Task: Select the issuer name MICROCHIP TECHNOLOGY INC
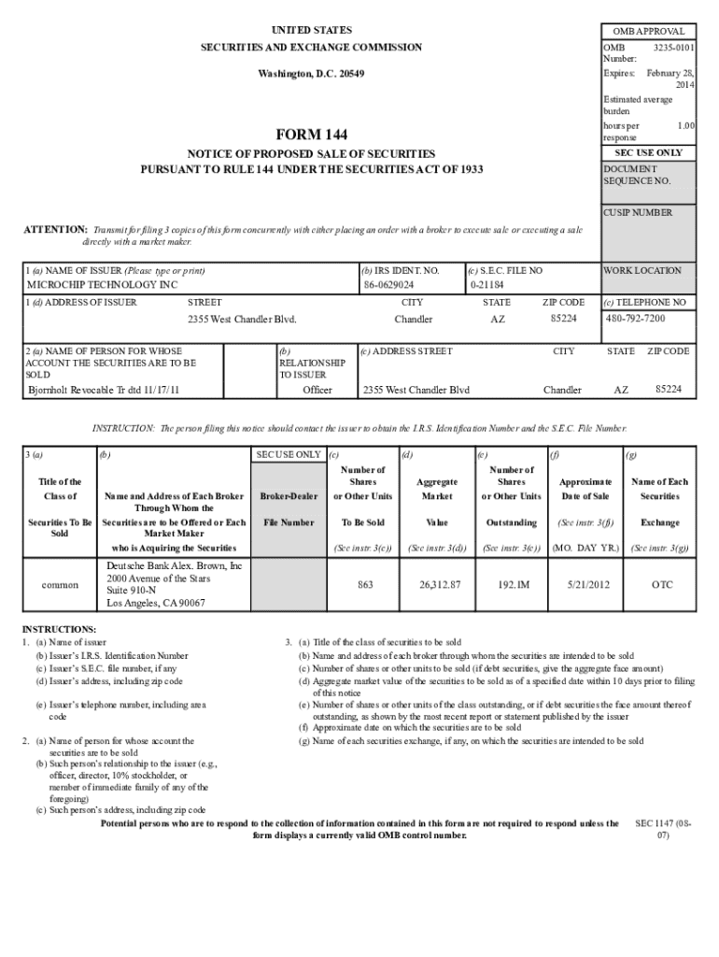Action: click(102, 284)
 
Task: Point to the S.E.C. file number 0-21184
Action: click(486, 284)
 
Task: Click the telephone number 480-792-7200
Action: click(635, 318)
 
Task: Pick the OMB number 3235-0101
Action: click(673, 47)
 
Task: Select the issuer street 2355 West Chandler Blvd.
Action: click(242, 320)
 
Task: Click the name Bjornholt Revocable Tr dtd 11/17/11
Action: click(104, 390)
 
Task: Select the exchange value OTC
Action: click(661, 584)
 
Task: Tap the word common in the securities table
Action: click(59, 584)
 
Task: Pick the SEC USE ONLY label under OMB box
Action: click(648, 152)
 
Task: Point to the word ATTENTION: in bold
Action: click(55, 230)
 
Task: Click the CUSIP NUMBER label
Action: click(638, 212)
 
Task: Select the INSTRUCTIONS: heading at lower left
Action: click(59, 629)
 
